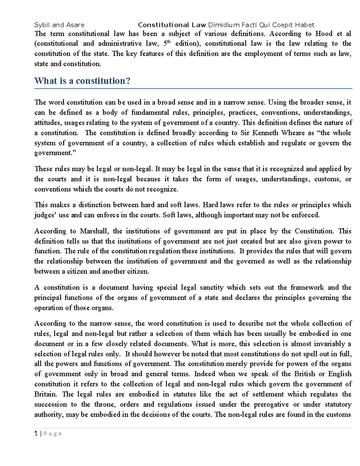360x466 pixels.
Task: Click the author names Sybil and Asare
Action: (59, 25)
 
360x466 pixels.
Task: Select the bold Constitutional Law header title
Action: (172, 25)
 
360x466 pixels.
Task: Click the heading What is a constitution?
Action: (82, 81)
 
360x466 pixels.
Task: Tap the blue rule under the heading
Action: (193, 89)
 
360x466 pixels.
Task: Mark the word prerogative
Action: (271, 404)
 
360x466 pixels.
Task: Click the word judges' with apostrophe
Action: (45, 215)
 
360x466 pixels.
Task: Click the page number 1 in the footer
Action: (36, 434)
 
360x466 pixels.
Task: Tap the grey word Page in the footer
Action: (53, 434)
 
